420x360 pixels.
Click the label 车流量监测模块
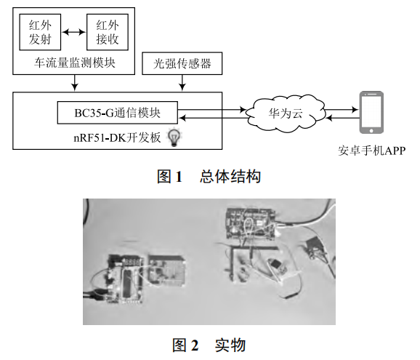pos(76,63)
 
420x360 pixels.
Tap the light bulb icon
pos(174,135)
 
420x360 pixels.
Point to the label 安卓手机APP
pos(371,151)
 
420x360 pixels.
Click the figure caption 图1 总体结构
pos(209,177)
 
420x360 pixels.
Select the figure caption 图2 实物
pos(209,345)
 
